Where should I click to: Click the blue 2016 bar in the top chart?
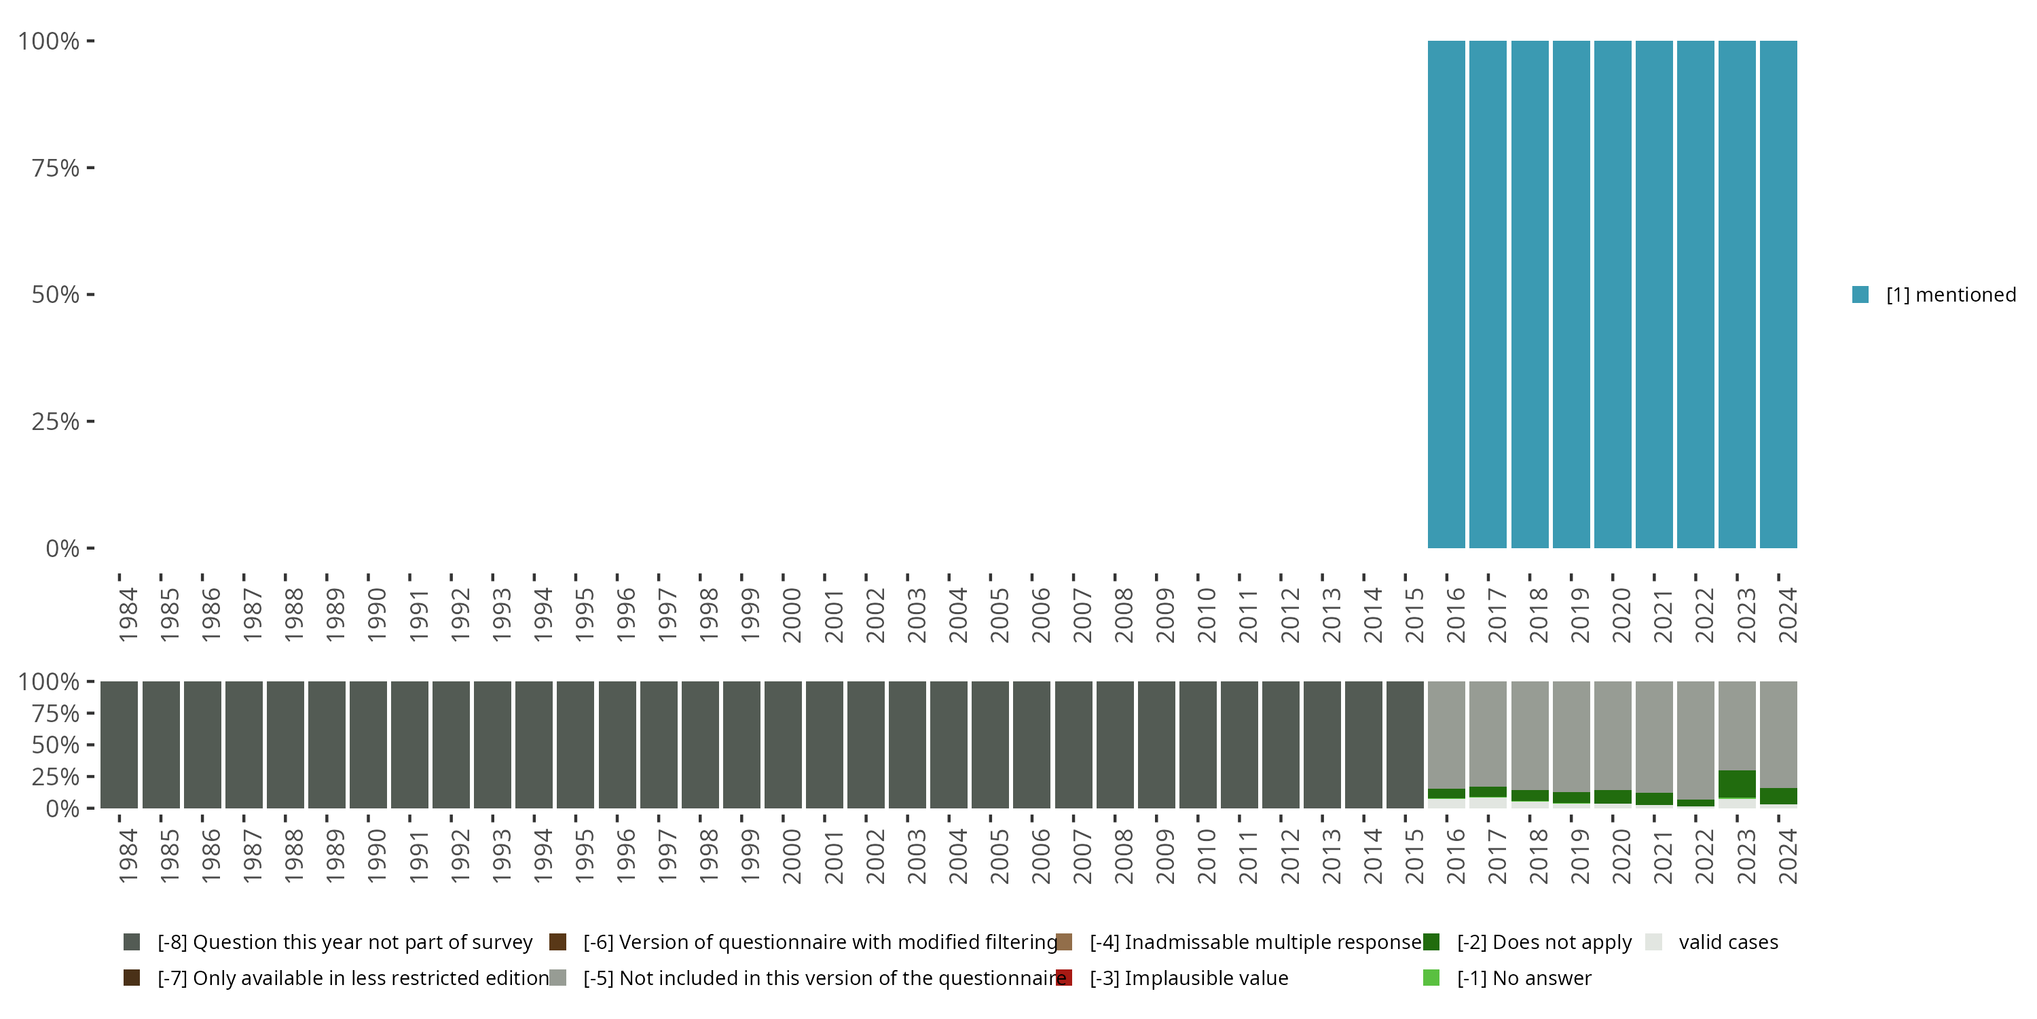(1446, 294)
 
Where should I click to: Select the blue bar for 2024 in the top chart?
(1778, 294)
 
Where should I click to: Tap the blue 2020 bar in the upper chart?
(1613, 294)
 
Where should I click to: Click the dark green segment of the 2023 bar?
(1736, 784)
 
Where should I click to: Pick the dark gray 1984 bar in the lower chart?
(119, 745)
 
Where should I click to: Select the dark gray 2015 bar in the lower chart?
(1404, 745)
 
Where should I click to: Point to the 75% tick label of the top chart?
(56, 168)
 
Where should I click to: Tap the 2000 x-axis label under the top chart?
(792, 615)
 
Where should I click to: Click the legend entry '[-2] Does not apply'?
(1543, 942)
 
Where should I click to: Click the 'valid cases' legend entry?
(1728, 942)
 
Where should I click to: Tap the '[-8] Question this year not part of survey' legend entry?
(345, 942)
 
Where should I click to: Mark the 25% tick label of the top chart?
(56, 422)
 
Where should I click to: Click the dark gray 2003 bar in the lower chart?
(907, 745)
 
